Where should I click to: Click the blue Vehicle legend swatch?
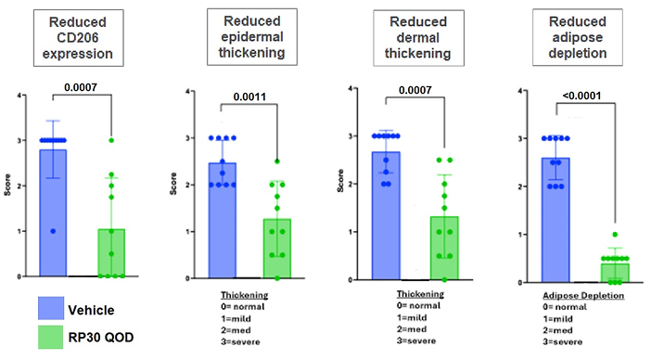tap(51, 308)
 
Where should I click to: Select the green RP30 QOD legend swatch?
tap(51, 337)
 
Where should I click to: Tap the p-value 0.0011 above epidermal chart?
tap(249, 96)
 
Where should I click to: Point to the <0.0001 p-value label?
tap(581, 96)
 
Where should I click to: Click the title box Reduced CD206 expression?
tap(79, 38)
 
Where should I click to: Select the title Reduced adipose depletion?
tap(578, 37)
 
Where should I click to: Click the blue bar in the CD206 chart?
tap(53, 213)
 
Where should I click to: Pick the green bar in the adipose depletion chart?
tap(615, 273)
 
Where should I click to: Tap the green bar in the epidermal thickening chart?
tap(277, 249)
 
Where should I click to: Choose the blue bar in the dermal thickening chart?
tap(386, 216)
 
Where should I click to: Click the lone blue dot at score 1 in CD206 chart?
tap(53, 231)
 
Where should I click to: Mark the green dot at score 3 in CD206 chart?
tap(111, 140)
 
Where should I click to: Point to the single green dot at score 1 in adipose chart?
tap(615, 235)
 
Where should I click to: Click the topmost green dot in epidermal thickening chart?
tap(277, 161)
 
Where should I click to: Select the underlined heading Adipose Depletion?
tap(583, 296)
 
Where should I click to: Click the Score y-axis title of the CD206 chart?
tap(7, 186)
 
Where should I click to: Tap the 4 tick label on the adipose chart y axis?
tap(520, 91)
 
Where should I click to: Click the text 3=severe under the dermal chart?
tap(416, 341)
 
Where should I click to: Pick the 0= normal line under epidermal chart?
tap(242, 307)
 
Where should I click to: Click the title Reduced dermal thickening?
tap(418, 38)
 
